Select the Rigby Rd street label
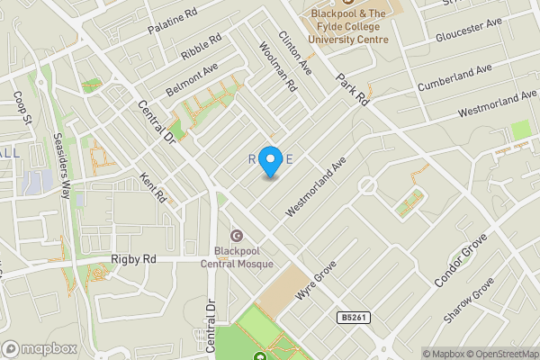coord(134,259)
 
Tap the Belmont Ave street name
coord(192,80)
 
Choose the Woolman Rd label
coord(277,67)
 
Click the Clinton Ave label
coord(295,53)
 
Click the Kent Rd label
coord(155,187)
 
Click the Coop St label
coord(23,107)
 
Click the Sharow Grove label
coord(469,301)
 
